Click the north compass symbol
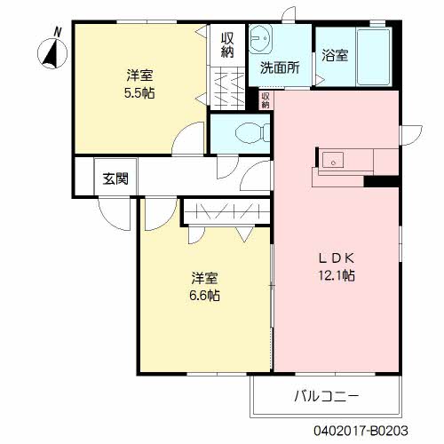52,53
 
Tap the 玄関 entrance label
115,178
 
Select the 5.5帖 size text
139,93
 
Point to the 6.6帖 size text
204,295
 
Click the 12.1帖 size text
337,275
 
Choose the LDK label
337,258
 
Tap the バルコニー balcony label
327,396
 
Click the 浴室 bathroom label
335,55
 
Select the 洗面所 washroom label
280,67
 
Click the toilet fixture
252,133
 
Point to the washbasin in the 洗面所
260,39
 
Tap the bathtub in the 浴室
374,57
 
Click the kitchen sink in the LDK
333,160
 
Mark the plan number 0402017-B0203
361,431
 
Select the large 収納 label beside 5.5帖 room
227,45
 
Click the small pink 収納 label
266,99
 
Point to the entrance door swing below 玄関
115,213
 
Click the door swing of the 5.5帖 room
188,138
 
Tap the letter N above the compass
58,32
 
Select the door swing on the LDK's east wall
411,135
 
